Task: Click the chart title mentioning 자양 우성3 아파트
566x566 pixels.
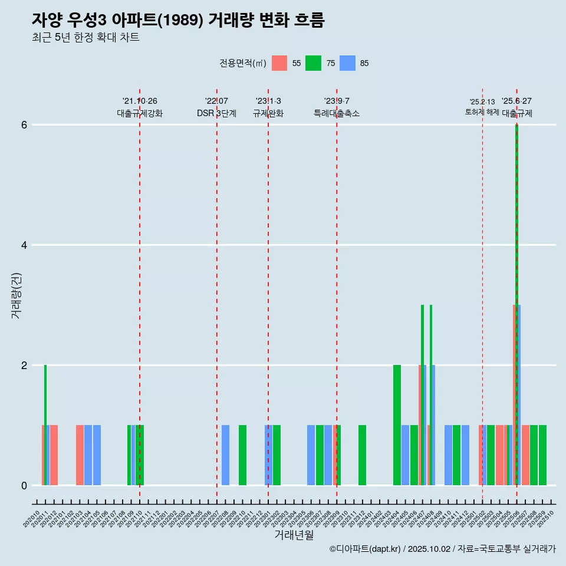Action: coord(178,20)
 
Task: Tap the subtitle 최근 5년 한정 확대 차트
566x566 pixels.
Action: coord(85,38)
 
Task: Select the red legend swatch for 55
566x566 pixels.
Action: coord(279,63)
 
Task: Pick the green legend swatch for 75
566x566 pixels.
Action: coord(313,63)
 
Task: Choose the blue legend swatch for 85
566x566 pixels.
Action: coord(348,63)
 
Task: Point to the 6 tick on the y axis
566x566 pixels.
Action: coord(24,125)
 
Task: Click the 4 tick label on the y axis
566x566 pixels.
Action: coord(24,245)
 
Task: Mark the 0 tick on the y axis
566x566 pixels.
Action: coord(24,486)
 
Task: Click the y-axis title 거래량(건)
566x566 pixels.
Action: coord(16,295)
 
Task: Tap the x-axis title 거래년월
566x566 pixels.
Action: coord(294,535)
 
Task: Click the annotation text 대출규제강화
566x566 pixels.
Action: coord(140,113)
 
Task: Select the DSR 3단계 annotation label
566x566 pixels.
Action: coord(216,113)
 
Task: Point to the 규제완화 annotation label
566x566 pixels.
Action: coord(268,113)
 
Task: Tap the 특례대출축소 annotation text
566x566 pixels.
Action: coord(337,113)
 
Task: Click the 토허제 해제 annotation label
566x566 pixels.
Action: coord(482,111)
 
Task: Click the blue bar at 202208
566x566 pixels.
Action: coord(225,455)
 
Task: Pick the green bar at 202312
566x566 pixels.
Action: coord(362,455)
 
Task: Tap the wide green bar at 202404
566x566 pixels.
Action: coord(397,425)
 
